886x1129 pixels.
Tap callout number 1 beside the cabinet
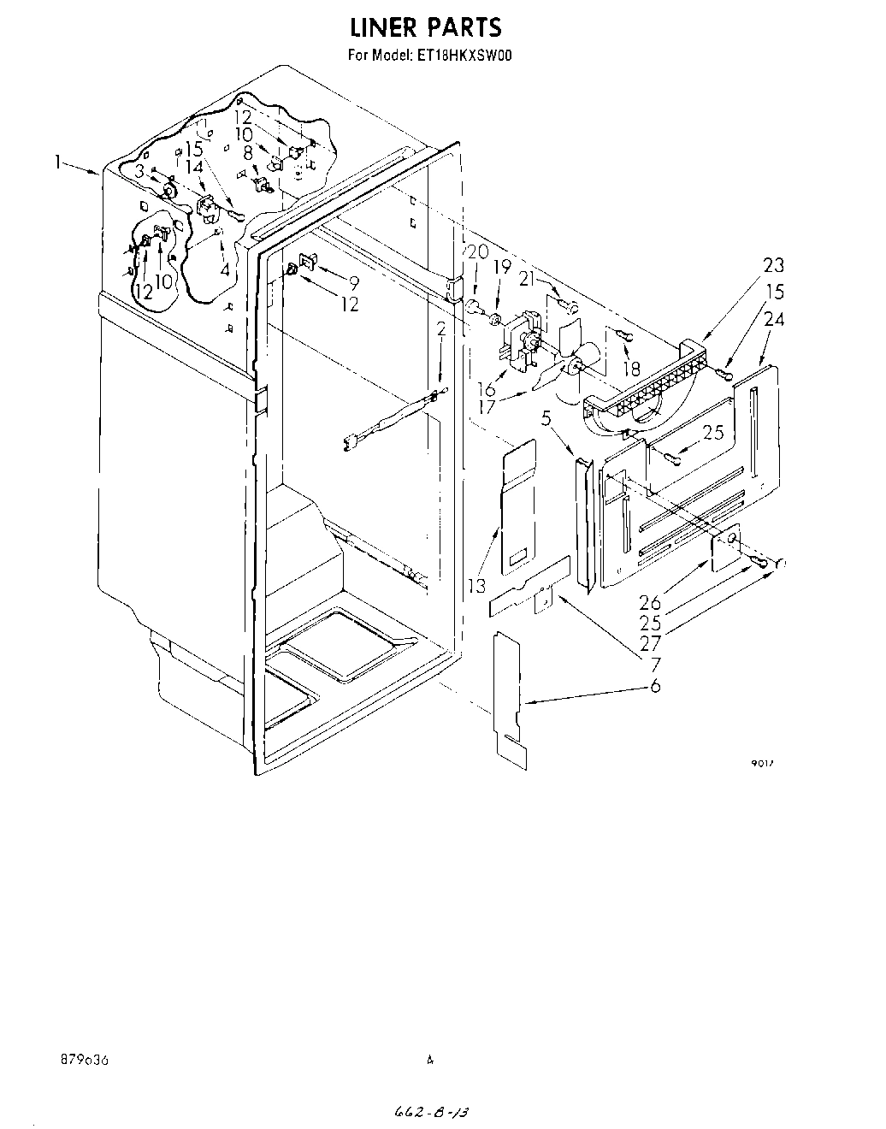tap(58, 161)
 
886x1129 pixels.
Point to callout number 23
tap(774, 265)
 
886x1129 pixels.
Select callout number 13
tap(477, 586)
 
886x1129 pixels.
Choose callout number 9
tap(352, 282)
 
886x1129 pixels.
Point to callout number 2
tap(441, 329)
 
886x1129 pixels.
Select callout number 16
tap(486, 390)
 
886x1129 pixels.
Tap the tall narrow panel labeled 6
tap(510, 693)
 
